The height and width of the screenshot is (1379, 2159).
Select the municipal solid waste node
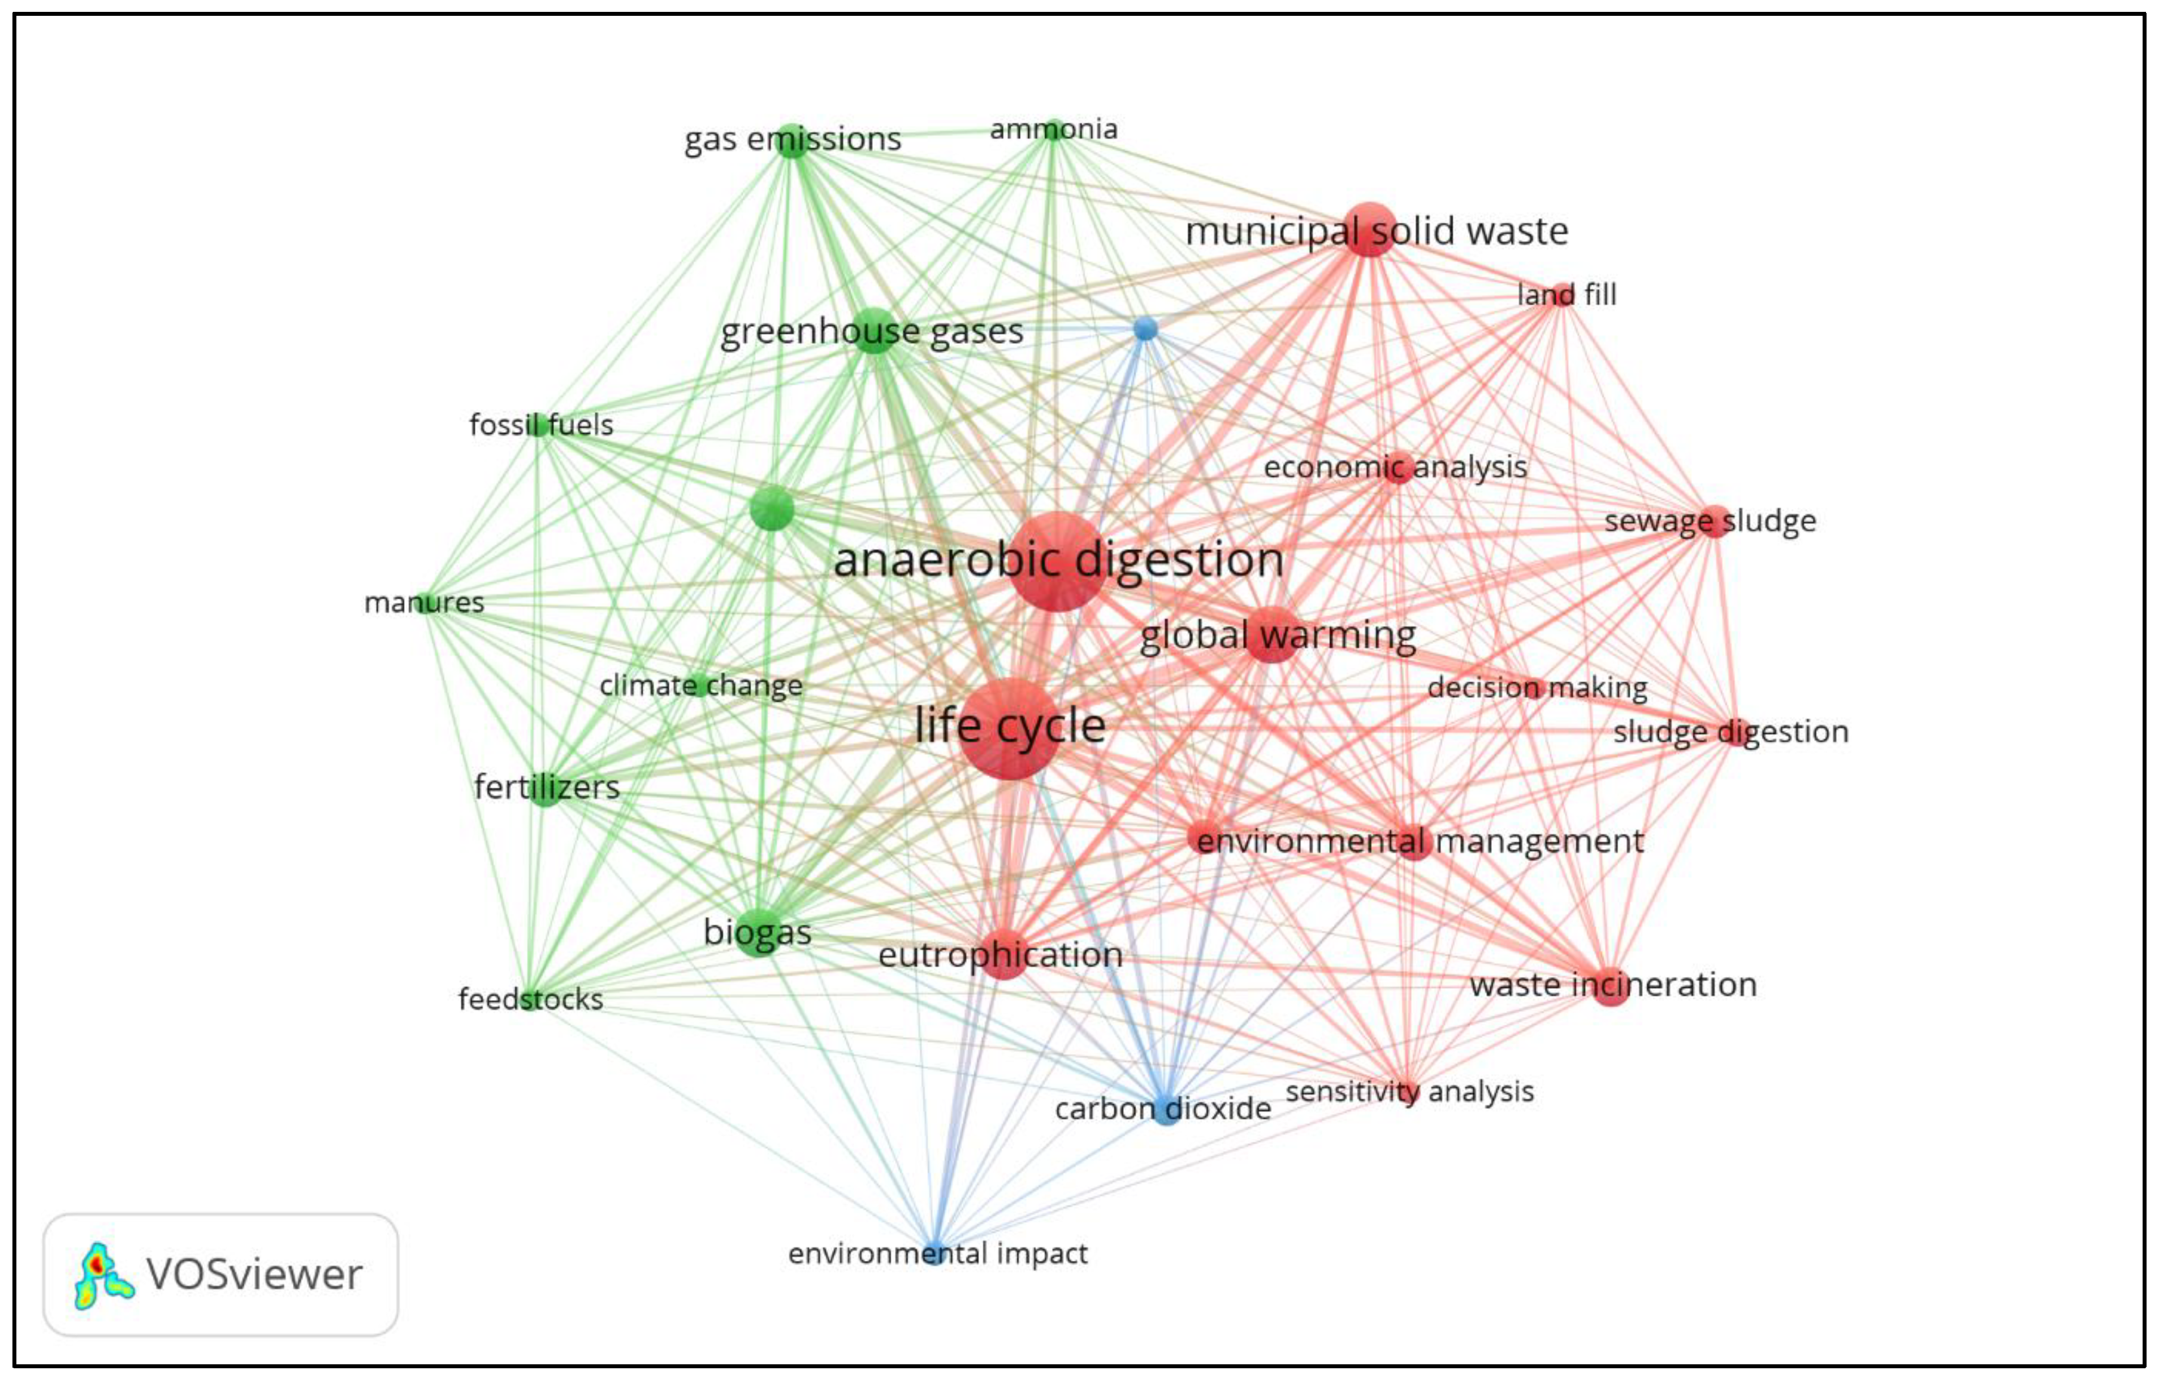[1369, 230]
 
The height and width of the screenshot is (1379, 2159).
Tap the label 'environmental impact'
[937, 1253]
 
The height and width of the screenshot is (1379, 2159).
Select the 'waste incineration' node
[1611, 986]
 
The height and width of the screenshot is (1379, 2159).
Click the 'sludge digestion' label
[1730, 732]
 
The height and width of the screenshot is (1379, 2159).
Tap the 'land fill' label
[1567, 294]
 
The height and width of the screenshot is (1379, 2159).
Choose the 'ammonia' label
[1054, 129]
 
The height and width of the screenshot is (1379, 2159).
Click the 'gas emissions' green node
[791, 140]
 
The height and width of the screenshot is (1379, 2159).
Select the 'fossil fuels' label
[540, 424]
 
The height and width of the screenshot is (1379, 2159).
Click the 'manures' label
[424, 603]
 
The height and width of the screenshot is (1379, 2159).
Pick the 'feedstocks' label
[530, 999]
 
